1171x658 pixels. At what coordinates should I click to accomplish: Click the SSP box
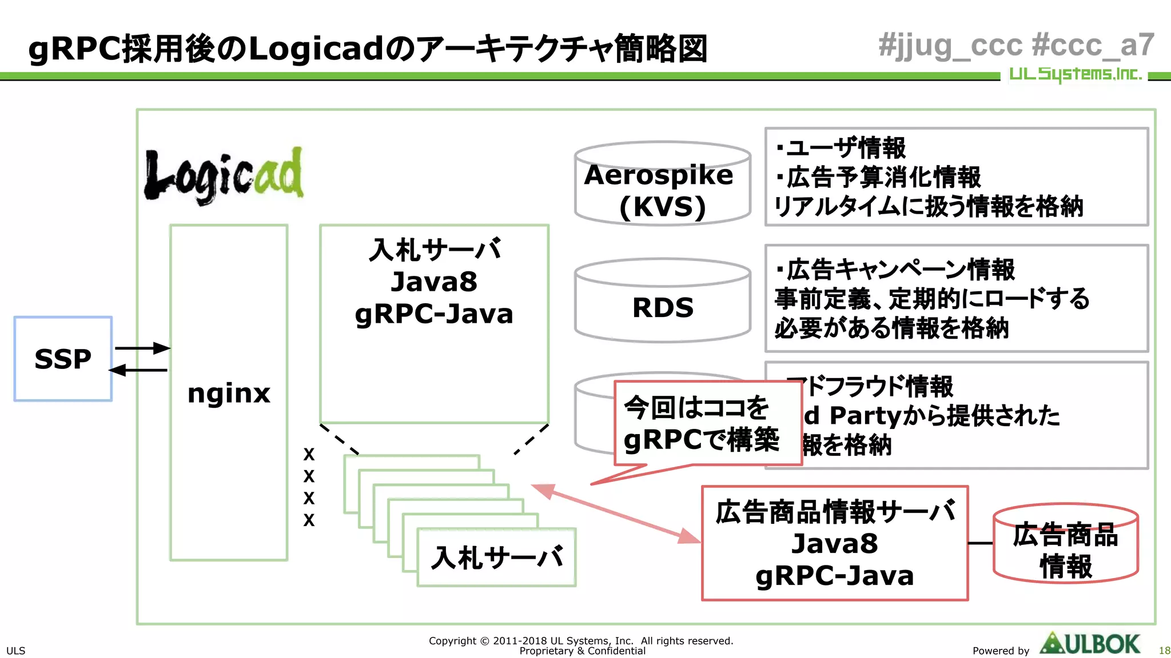coord(63,359)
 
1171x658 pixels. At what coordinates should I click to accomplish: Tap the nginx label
coord(229,394)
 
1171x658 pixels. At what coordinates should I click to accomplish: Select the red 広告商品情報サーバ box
coord(834,543)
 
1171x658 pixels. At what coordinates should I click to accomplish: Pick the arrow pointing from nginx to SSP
coord(138,370)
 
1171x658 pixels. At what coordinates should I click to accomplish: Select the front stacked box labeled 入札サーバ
coord(496,557)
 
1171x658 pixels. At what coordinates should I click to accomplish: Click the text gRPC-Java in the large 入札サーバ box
coord(433,314)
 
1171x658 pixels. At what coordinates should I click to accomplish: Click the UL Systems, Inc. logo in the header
coord(1074,74)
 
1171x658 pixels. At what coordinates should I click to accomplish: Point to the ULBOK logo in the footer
coord(1090,644)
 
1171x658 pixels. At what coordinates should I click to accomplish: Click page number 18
coord(1164,651)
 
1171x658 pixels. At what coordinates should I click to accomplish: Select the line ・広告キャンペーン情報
coord(895,270)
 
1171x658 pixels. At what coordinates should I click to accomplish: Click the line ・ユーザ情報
coord(841,148)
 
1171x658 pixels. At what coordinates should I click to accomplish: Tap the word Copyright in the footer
coord(452,641)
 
